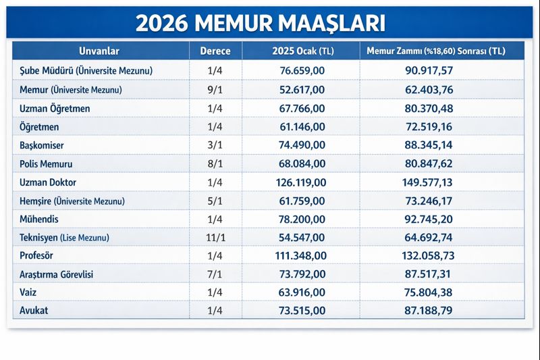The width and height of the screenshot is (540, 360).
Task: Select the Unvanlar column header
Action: click(x=99, y=51)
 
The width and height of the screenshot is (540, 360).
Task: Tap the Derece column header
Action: click(x=215, y=51)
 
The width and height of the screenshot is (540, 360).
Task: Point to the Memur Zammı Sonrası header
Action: click(x=435, y=51)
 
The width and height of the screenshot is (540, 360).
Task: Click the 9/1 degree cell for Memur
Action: click(x=215, y=89)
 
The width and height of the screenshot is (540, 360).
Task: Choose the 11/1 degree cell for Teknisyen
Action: click(x=215, y=238)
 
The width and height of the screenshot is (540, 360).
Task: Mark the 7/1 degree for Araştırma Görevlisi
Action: click(x=215, y=275)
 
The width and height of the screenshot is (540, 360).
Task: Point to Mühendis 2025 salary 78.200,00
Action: click(x=302, y=219)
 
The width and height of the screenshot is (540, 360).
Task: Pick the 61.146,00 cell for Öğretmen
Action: click(x=302, y=126)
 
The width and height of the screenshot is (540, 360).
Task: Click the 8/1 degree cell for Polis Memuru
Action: click(x=215, y=163)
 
